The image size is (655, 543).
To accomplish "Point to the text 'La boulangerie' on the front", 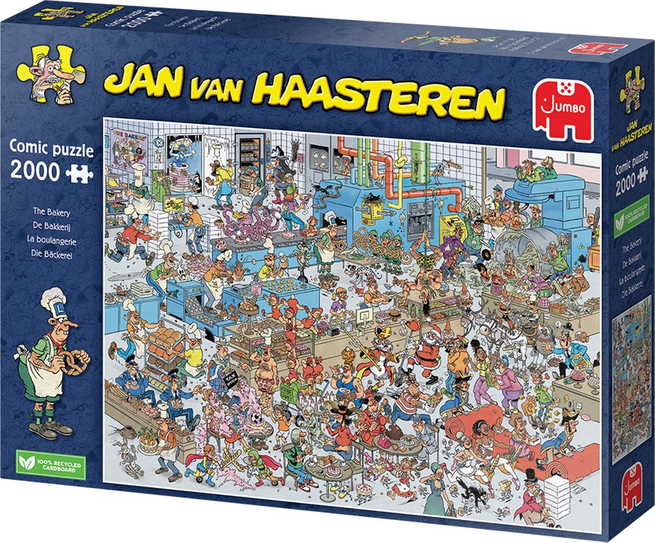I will pyautogui.click(x=50, y=238).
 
